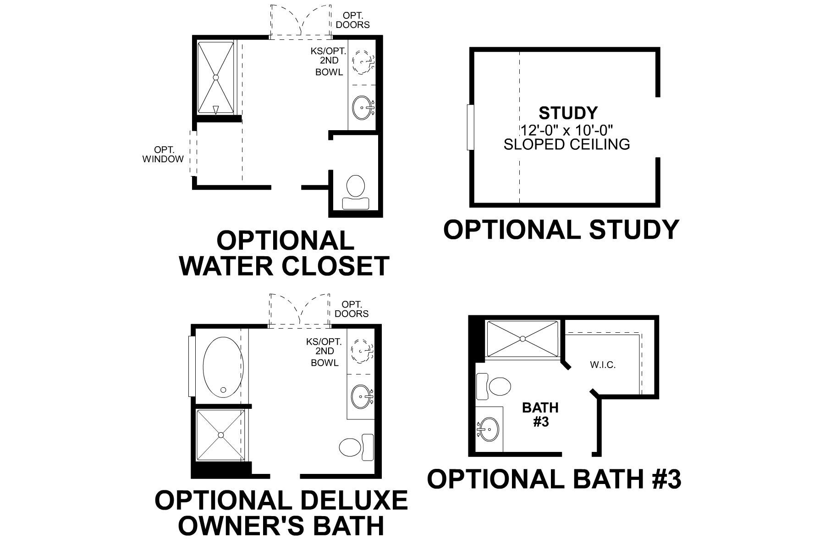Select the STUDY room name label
[x=568, y=113]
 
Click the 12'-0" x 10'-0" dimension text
[x=566, y=130]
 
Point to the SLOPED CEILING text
[x=566, y=144]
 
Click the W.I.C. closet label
[x=603, y=365]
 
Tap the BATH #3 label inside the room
[x=541, y=414]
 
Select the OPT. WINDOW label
[x=163, y=155]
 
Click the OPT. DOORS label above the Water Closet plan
[x=352, y=20]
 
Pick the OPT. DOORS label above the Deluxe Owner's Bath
[x=352, y=309]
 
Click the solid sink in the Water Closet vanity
[x=363, y=107]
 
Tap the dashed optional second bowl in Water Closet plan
[x=363, y=61]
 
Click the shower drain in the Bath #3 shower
[x=522, y=339]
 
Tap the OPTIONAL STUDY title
[x=561, y=229]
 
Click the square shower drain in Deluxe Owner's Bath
[x=221, y=434]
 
